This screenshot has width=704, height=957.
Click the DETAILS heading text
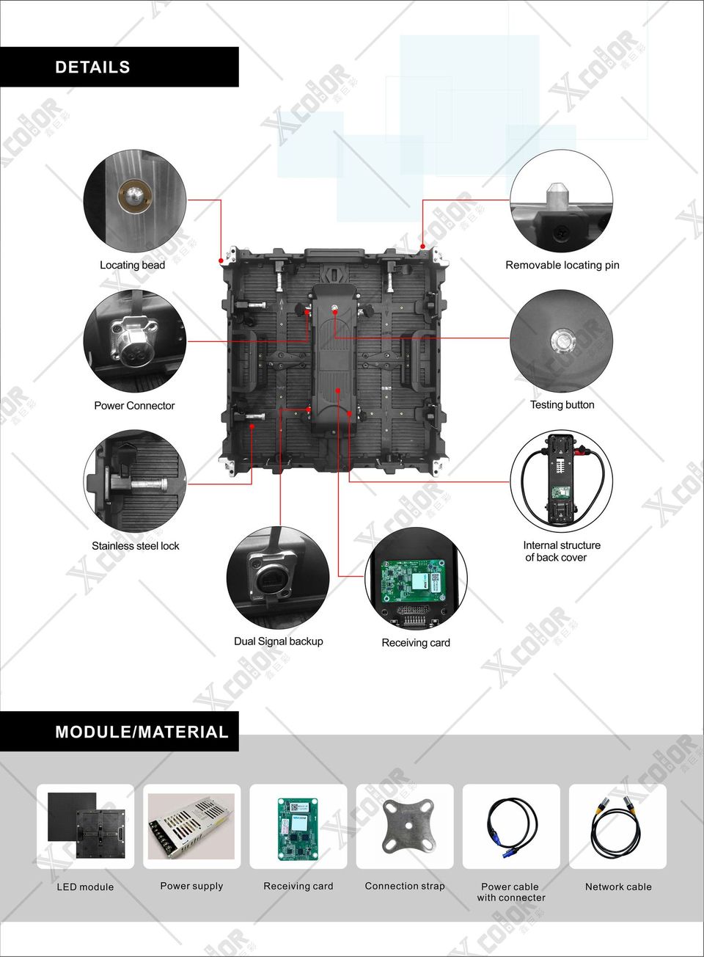click(92, 68)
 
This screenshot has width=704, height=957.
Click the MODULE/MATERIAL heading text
click(142, 732)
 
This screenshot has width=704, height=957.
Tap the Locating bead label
click(132, 266)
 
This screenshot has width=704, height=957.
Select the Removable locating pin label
click(562, 266)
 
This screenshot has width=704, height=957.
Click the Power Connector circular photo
click(135, 341)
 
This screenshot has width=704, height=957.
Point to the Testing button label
click(562, 404)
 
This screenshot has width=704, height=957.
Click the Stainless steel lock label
click(136, 545)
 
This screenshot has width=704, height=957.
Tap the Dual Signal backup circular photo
click(278, 578)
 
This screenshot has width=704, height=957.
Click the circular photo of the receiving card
click(417, 578)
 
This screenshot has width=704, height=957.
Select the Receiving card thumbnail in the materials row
click(298, 829)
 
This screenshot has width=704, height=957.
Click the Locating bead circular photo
click(135, 200)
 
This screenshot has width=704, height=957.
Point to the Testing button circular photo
click(562, 341)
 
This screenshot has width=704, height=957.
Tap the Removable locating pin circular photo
click(562, 200)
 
